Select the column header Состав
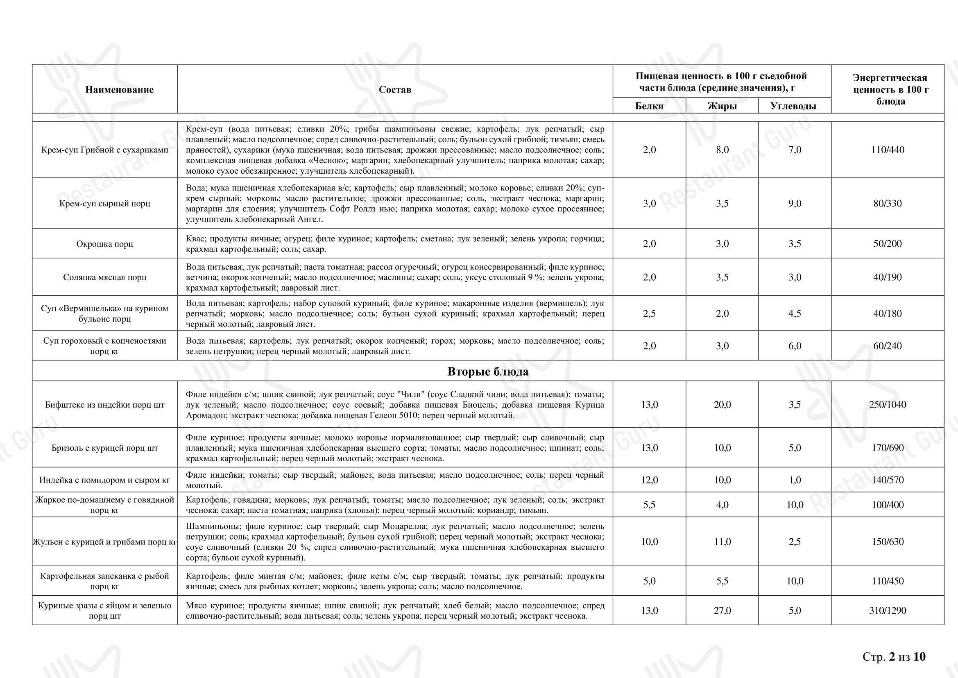click(x=395, y=90)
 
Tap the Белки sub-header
click(x=649, y=106)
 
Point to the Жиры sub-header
click(x=722, y=106)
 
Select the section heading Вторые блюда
click(x=487, y=372)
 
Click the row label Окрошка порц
click(x=105, y=244)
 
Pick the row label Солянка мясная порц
click(x=105, y=277)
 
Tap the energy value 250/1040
click(x=888, y=404)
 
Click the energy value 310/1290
click(x=888, y=611)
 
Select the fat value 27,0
click(x=722, y=611)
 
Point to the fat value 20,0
click(x=722, y=404)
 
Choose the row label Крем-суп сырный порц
click(x=105, y=204)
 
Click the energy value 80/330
click(x=888, y=204)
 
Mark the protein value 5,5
click(x=649, y=505)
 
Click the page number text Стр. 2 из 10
click(x=894, y=657)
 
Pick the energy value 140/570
click(x=888, y=480)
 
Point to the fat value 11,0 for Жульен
click(x=722, y=542)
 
